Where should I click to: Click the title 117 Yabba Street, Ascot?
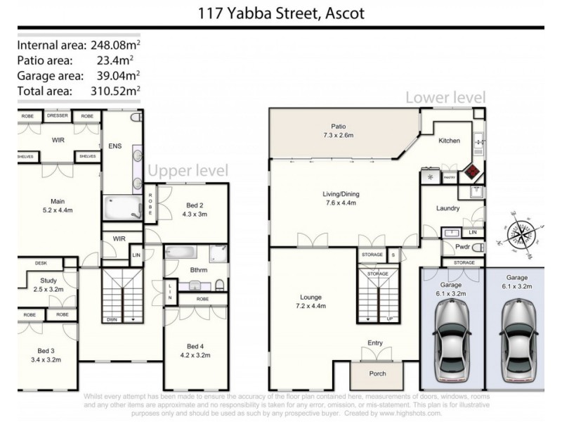click(280, 13)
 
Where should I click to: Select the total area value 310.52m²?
click(115, 90)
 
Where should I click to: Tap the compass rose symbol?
click(521, 231)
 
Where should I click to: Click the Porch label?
click(377, 373)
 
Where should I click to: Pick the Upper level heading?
click(188, 170)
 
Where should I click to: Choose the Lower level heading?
click(445, 98)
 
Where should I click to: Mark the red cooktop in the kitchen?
click(469, 171)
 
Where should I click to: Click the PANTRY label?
click(450, 177)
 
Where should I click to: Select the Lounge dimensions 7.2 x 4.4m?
click(309, 306)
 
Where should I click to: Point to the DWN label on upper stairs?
click(112, 319)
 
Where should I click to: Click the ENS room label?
click(115, 146)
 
